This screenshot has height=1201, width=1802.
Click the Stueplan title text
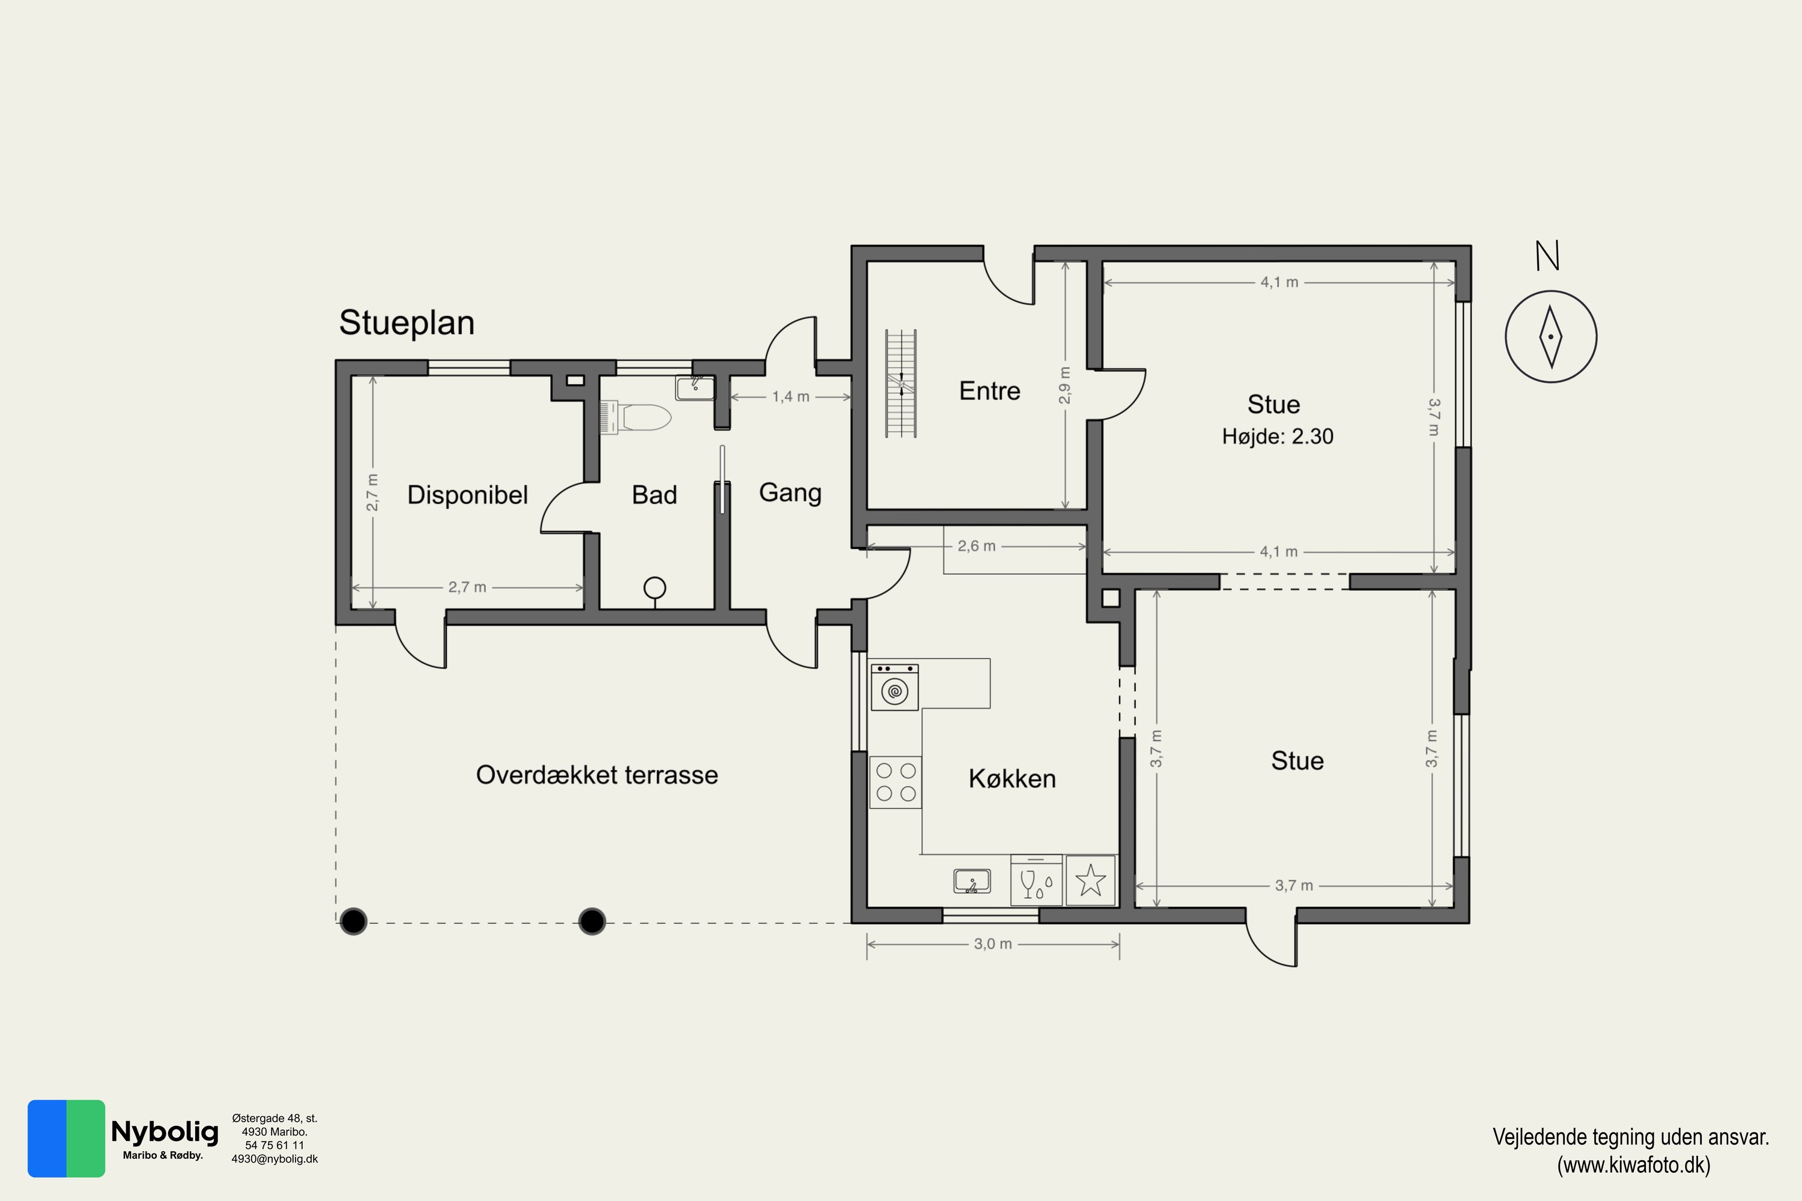(x=407, y=323)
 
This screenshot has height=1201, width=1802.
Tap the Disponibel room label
(x=467, y=495)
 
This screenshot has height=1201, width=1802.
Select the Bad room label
(x=654, y=495)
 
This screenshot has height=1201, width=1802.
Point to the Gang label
(x=790, y=493)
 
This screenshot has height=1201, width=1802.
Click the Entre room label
(x=989, y=391)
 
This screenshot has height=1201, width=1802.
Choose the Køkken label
(x=1012, y=779)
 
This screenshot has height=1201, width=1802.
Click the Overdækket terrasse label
(x=597, y=775)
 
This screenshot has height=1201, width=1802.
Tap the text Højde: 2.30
(x=1277, y=437)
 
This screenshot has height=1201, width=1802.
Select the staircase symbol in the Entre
(x=901, y=384)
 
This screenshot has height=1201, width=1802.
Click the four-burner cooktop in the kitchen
(x=896, y=782)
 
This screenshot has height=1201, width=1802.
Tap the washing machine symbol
(x=894, y=688)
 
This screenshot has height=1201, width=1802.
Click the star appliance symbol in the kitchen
(x=1090, y=881)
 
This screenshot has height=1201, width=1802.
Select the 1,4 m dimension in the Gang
(x=790, y=397)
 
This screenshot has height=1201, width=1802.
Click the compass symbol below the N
(x=1551, y=337)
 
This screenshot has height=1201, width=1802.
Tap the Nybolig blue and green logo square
(x=67, y=1138)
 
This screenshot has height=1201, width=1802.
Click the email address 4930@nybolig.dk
(x=275, y=1159)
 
